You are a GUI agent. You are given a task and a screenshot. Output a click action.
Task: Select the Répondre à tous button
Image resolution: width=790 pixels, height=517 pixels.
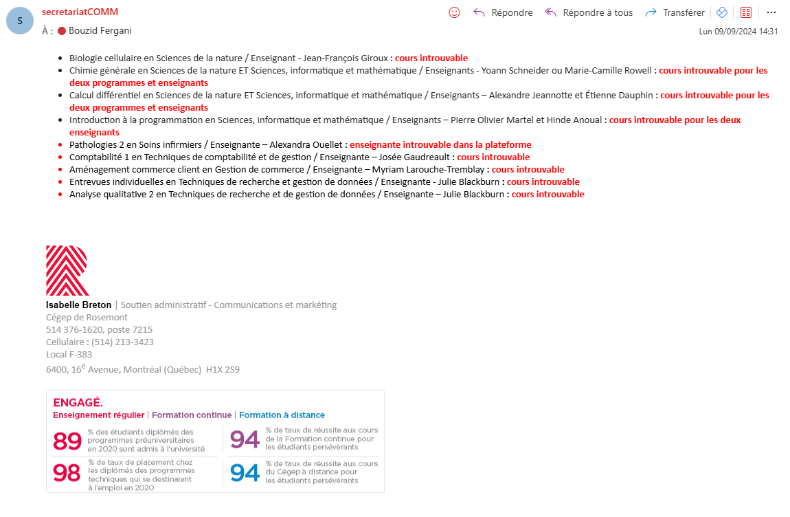tap(589, 12)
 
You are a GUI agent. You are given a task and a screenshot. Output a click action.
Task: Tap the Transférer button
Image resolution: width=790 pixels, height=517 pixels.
tap(675, 12)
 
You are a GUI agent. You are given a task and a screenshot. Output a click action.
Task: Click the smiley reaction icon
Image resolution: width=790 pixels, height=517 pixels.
tap(454, 12)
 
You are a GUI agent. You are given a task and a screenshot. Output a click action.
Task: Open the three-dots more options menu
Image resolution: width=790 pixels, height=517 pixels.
tap(771, 12)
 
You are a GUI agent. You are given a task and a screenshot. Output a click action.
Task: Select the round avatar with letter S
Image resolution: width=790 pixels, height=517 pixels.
tap(19, 21)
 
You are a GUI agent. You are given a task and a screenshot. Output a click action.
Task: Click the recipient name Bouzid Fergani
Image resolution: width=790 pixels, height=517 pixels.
tap(100, 30)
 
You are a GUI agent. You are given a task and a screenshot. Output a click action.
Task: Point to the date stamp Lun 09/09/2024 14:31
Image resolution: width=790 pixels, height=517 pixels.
tap(738, 31)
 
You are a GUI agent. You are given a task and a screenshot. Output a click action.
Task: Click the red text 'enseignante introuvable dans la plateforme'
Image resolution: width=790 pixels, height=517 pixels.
tap(440, 144)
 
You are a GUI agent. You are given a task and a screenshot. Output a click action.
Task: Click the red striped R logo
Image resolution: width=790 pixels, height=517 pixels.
tap(67, 270)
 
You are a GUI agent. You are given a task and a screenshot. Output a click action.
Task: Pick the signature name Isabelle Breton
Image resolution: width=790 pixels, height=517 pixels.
tap(78, 305)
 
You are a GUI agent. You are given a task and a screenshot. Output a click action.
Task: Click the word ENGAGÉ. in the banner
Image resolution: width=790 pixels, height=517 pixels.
tap(78, 402)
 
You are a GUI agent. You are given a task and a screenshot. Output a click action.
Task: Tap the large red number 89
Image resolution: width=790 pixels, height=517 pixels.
tap(67, 440)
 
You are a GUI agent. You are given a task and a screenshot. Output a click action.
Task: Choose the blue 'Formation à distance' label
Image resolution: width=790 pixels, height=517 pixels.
tap(282, 415)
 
